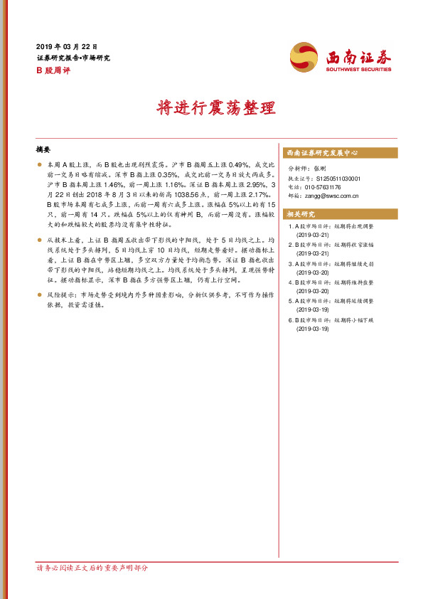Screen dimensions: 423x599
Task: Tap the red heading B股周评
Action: tap(53, 70)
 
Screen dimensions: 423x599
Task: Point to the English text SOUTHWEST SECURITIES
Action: tap(358, 70)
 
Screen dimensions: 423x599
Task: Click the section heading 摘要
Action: tap(44, 150)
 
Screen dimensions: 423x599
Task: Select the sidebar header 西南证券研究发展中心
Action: tap(321, 153)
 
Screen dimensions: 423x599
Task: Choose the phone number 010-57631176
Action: tap(323, 187)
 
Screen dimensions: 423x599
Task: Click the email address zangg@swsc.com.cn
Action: tap(331, 196)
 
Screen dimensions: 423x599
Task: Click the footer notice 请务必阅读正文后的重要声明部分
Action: tap(92, 568)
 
